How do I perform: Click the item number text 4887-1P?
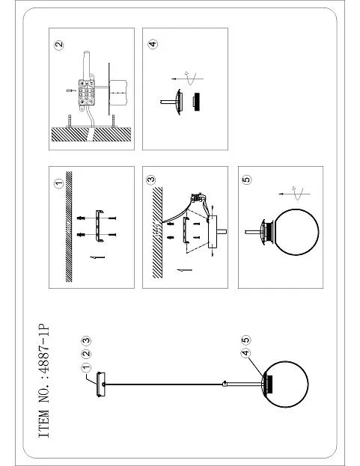pyautogui.click(x=43, y=351)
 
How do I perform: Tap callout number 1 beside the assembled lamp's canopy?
pyautogui.click(x=85, y=367)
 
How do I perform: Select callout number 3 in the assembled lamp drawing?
pyautogui.click(x=85, y=340)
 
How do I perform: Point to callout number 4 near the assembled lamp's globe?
pyautogui.click(x=245, y=353)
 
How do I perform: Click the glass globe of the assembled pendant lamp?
pyautogui.click(x=286, y=384)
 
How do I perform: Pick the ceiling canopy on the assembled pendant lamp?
pyautogui.click(x=101, y=384)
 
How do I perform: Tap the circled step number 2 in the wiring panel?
pyautogui.click(x=59, y=45)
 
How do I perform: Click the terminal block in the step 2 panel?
pyautogui.click(x=87, y=93)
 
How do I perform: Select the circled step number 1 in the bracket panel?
pyautogui.click(x=58, y=184)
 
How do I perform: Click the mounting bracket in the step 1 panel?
pyautogui.click(x=100, y=226)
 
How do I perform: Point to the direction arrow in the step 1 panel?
pyautogui.click(x=97, y=257)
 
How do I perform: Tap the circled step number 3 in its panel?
pyautogui.click(x=151, y=180)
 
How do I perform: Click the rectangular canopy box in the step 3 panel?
pyautogui.click(x=213, y=232)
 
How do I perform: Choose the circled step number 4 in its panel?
pyautogui.click(x=152, y=44)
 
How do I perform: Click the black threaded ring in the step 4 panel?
pyautogui.click(x=196, y=102)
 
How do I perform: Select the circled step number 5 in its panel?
pyautogui.click(x=246, y=180)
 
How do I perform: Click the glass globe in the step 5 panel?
pyautogui.click(x=296, y=232)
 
